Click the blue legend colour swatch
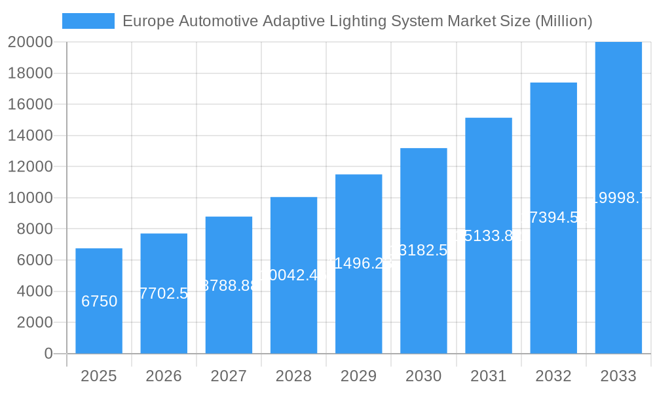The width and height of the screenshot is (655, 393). (88, 21)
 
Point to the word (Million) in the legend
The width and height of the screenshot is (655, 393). (564, 21)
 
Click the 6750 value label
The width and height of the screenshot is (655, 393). (99, 301)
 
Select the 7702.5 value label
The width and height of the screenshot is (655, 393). (164, 293)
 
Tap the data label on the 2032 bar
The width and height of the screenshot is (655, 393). (553, 217)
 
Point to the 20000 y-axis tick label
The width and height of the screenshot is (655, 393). (30, 42)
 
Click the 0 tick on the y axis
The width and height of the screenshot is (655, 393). (48, 354)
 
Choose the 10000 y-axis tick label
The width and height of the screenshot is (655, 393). (30, 198)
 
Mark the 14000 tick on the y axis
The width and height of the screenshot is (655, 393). (30, 136)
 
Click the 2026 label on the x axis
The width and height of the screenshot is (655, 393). (164, 376)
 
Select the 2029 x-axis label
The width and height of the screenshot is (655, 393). (358, 376)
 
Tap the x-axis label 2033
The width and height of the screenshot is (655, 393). (618, 376)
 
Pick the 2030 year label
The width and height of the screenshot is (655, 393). (423, 376)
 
